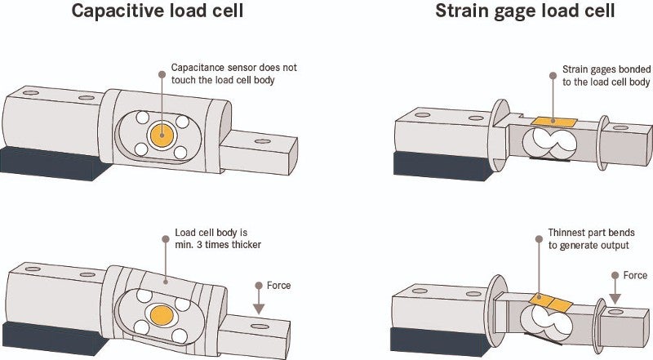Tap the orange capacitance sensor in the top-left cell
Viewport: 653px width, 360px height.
162,135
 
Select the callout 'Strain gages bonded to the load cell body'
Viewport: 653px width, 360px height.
606,76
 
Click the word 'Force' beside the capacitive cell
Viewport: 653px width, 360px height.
278,286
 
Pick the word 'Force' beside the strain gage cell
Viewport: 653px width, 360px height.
635,275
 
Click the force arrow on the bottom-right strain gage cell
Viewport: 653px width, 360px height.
614,294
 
